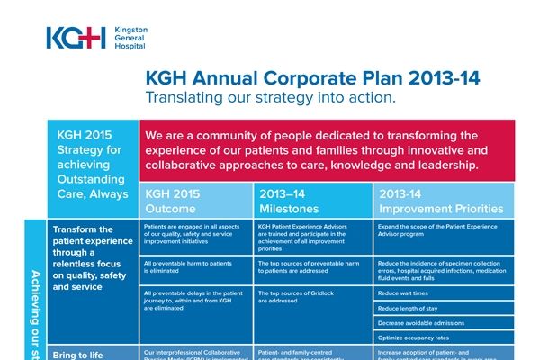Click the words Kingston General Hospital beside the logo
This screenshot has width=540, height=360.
tap(132, 40)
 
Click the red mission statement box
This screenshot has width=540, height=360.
tap(338, 150)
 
